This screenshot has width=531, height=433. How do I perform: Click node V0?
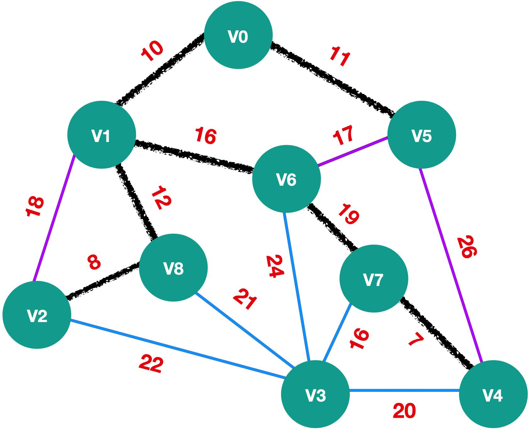(238, 35)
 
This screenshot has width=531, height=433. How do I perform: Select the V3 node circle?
(315, 394)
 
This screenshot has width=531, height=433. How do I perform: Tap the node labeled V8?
(173, 268)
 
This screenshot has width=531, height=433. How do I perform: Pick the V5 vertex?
(422, 135)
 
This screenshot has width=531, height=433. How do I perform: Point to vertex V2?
(37, 315)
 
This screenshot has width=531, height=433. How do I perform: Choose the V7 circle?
(374, 279)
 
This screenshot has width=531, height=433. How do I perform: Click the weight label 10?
(152, 51)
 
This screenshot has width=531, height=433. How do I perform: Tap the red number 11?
(340, 57)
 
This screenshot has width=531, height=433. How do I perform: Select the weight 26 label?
(467, 247)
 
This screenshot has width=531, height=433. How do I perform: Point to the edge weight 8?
(94, 262)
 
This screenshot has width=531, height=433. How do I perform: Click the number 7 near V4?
(416, 339)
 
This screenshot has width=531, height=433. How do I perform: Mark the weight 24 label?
(275, 266)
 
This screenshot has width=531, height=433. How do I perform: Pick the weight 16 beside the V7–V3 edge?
(359, 339)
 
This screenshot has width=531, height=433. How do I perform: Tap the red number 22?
(151, 364)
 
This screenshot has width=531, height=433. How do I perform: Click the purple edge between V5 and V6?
(353, 151)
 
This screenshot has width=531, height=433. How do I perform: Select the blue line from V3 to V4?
(404, 391)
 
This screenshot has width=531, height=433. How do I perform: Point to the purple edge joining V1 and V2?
(54, 218)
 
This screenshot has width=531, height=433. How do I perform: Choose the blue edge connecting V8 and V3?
(245, 330)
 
